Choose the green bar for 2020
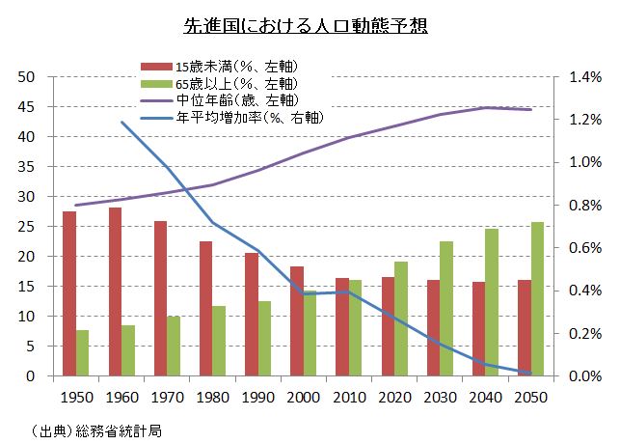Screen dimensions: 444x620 click(x=401, y=319)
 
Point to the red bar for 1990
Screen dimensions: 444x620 click(x=251, y=315)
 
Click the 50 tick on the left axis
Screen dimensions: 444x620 click(x=26, y=77)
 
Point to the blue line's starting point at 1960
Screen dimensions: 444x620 click(x=121, y=122)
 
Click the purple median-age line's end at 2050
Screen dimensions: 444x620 click(x=530, y=110)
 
